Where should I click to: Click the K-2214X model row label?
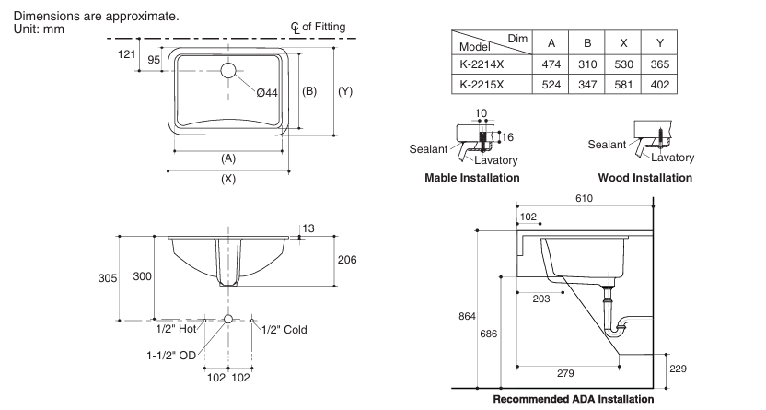[x=482, y=64]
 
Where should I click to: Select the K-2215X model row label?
[x=482, y=84]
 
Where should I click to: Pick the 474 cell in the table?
[x=551, y=64]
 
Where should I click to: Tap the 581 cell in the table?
[x=623, y=84]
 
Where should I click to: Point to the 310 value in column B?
[x=586, y=64]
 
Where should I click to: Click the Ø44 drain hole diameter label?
[x=267, y=94]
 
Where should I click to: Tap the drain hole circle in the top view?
[x=228, y=68]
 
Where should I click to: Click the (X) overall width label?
[x=228, y=179]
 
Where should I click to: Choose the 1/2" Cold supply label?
[x=284, y=329]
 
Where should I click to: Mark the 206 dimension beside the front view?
[x=346, y=260]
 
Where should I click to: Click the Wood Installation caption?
[x=644, y=178]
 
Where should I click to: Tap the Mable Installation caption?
[x=471, y=178]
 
